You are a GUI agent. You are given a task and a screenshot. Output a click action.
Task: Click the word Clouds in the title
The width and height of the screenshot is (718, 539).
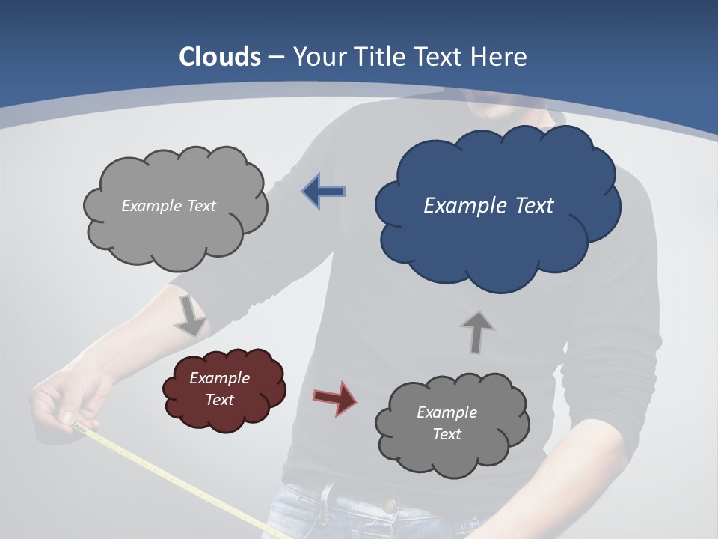pos(220,57)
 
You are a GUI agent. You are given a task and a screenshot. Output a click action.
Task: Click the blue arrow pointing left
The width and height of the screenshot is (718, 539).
pos(324,191)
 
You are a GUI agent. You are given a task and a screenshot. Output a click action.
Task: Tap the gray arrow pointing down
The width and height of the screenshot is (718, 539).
pos(190,315)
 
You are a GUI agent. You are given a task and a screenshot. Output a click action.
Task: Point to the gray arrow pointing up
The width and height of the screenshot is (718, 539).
pos(476,332)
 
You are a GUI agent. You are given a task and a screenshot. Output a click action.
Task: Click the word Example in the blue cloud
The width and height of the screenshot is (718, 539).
pos(458,205)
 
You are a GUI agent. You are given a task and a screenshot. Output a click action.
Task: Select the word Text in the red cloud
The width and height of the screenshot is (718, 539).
pos(219,400)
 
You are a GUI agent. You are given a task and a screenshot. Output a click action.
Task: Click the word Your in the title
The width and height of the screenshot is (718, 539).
pos(318,57)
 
